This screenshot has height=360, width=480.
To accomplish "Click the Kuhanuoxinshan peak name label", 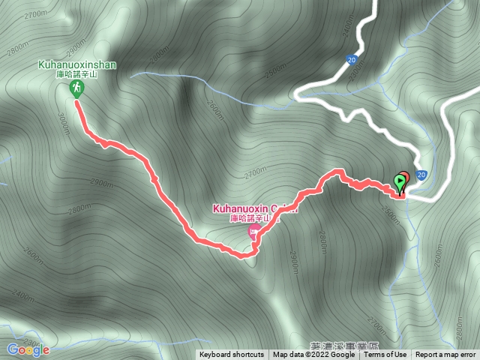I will pos(77,65).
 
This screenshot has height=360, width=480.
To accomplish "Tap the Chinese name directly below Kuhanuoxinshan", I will pos(78,74).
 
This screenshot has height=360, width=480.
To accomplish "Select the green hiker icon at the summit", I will pos(76,89).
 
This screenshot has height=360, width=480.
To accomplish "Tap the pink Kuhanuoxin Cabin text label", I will pos(255,208).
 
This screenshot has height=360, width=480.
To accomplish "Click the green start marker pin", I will pos(398,181).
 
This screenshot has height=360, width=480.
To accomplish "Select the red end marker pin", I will pos(404,178).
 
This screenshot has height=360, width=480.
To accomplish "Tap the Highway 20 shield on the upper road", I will pos(352,58).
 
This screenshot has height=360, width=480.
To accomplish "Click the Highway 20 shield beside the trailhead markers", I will pos(421,175).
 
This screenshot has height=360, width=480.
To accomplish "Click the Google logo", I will pos(28,349).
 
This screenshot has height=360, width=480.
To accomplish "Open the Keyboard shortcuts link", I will pos(231,355).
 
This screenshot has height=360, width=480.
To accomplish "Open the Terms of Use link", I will pos(385,355).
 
